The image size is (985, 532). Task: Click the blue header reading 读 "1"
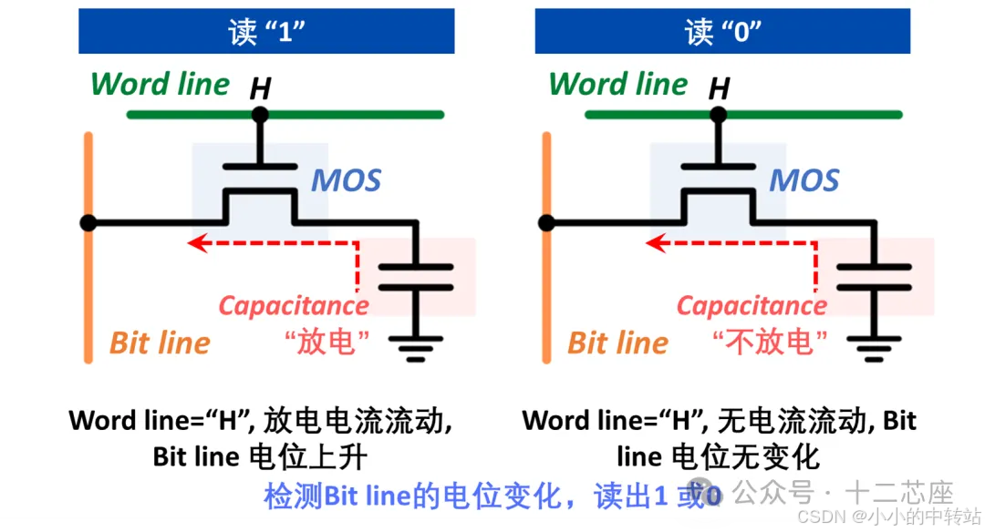point(265,31)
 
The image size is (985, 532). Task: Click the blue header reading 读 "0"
point(723,31)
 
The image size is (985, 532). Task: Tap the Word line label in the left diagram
point(161,84)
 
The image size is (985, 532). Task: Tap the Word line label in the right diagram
point(617,84)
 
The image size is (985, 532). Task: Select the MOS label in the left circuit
point(347,180)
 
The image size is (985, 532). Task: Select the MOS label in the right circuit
point(804,180)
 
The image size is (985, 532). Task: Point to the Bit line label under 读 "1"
point(160,343)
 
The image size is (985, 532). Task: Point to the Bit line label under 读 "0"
point(617,343)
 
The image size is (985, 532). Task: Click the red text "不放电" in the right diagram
point(771,343)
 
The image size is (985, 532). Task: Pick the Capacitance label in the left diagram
point(294,305)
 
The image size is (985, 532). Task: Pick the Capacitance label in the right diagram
point(752,305)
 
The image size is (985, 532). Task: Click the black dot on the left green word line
point(261,115)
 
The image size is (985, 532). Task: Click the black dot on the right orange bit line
point(546,222)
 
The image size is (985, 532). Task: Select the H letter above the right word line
point(720,88)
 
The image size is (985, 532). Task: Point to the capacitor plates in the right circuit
point(874,276)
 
